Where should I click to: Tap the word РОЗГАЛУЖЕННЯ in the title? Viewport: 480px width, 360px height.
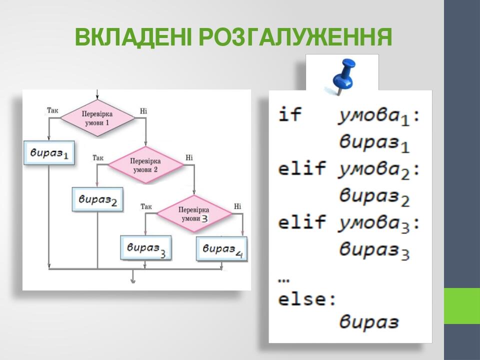click(295, 37)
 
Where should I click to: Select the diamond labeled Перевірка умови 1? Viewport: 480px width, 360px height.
click(97, 118)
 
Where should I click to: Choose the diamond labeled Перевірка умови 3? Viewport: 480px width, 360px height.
click(194, 214)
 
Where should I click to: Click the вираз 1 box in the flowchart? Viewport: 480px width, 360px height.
click(49, 152)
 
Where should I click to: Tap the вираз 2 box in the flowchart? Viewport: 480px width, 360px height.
click(97, 199)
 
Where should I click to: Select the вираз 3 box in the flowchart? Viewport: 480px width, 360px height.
click(145, 248)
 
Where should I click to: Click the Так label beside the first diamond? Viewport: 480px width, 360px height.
click(52, 109)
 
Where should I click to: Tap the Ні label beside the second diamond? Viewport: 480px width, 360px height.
click(189, 157)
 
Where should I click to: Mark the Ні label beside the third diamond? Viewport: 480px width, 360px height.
click(237, 206)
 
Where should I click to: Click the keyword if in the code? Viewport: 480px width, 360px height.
click(290, 114)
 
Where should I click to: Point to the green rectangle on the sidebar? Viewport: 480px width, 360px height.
click(462, 305)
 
